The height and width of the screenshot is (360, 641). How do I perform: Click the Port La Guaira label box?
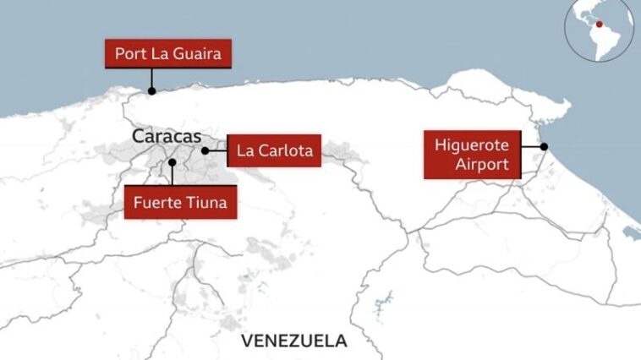click(167, 55)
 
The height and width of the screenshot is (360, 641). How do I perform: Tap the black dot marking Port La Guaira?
click(152, 91)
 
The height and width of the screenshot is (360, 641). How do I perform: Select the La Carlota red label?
click(275, 151)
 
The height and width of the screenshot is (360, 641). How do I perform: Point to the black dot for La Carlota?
click(205, 150)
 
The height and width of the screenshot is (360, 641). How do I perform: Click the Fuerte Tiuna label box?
click(180, 202)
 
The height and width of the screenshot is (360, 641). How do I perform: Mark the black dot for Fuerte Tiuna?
click(172, 161)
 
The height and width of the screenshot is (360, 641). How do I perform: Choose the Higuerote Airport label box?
click(472, 154)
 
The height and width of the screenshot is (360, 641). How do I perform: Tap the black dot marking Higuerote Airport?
click(544, 146)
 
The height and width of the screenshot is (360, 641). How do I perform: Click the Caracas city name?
click(167, 136)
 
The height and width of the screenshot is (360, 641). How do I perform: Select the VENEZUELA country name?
click(293, 341)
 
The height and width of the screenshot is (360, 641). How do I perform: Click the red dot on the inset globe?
click(600, 25)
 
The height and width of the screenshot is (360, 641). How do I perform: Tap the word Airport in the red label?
click(483, 164)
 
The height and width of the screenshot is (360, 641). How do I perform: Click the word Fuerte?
click(159, 202)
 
